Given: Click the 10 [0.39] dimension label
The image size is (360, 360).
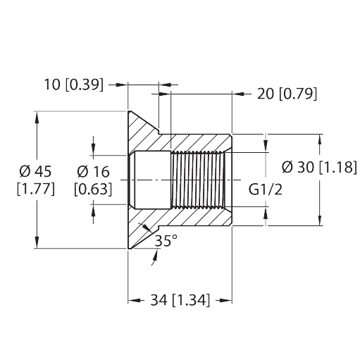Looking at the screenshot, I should [73, 85].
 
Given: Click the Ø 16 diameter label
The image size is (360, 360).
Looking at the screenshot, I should [93, 172].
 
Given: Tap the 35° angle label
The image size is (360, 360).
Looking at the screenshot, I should [167, 240].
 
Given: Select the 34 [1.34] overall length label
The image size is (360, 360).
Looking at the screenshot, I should [180, 302].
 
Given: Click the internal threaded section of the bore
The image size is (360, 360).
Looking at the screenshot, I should [198, 180].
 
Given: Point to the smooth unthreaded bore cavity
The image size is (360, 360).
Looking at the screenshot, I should [151, 180].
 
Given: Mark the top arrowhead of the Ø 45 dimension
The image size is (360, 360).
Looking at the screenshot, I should [37, 116].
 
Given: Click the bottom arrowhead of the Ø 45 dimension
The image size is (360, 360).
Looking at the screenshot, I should [37, 244].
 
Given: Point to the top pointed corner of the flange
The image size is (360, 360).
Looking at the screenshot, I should [130, 111].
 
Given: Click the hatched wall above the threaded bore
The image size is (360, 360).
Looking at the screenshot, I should [201, 143].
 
